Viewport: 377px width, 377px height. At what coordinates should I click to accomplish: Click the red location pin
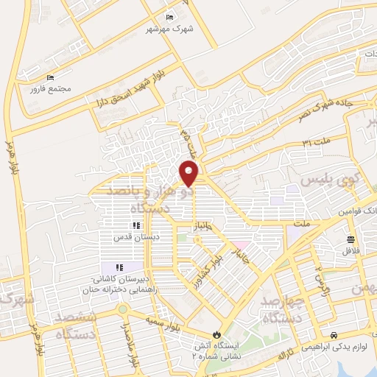point(189,173)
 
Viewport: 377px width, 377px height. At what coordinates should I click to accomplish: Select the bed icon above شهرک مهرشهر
point(170,18)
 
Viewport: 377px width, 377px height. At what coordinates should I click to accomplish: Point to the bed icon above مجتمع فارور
point(51,77)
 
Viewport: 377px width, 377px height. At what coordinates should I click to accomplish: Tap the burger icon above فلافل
point(350,239)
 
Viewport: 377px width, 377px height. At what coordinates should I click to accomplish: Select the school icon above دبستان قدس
point(135,225)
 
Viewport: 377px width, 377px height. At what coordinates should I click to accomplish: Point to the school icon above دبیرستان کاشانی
point(118,267)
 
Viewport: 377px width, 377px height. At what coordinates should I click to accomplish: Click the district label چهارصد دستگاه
point(278,308)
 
